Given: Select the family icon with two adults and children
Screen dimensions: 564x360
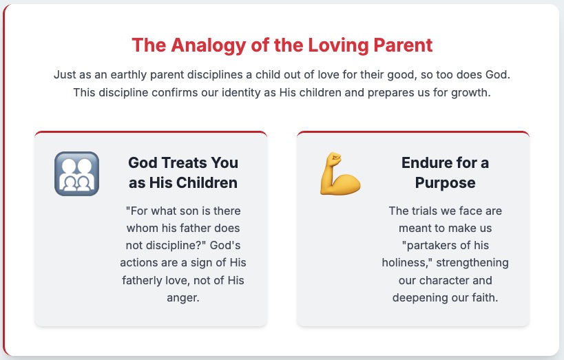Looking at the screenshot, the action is pos(76,173).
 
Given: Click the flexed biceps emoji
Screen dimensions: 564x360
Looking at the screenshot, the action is pos(340,173).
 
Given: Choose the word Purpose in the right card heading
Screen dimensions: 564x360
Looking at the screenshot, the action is pos(446,183).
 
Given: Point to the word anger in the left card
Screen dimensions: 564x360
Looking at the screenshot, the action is pos(182,298).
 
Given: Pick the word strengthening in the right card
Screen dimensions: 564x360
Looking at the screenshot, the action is pos(472,263).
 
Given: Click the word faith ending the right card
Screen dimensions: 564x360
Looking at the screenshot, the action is pos(486,298).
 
